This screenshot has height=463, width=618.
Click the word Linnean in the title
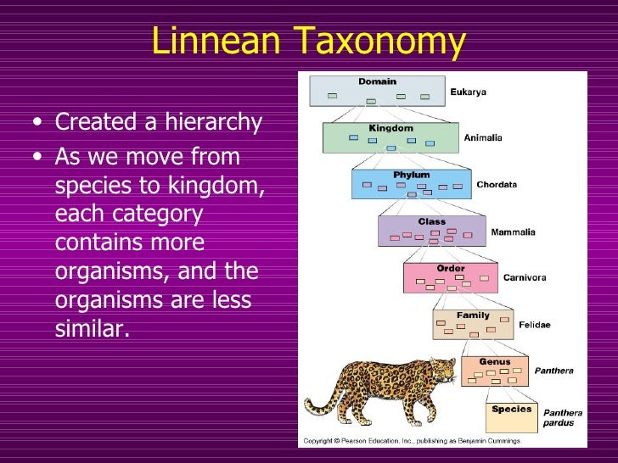(x=216, y=42)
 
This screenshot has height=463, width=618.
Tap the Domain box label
(x=377, y=81)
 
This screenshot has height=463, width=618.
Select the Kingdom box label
(x=390, y=128)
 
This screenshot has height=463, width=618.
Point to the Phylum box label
(x=413, y=175)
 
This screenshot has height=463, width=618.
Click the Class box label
(x=431, y=221)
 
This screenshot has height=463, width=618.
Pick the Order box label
(x=451, y=268)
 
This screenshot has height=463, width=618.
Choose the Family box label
(x=473, y=315)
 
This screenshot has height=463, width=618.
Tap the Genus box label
(x=494, y=361)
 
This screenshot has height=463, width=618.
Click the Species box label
(x=511, y=408)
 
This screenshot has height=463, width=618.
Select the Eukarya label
(x=468, y=92)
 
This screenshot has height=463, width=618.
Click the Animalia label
(x=483, y=137)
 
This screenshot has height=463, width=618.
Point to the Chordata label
(x=497, y=184)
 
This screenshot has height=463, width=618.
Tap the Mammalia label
(x=512, y=231)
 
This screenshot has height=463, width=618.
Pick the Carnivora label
(x=525, y=277)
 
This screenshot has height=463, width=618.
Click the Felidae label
(x=534, y=324)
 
